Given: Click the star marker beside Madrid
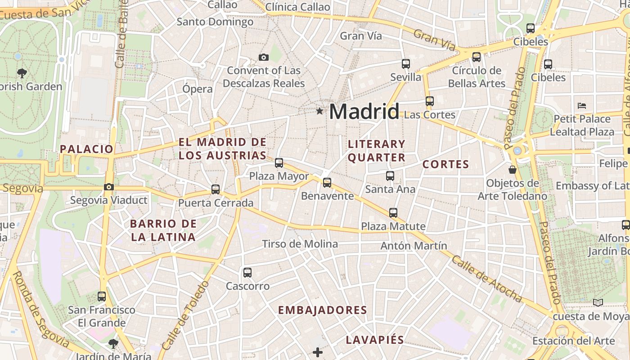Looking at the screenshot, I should point(319,111).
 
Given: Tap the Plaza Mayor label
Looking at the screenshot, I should point(279,176).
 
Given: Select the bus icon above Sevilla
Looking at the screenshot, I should point(406,64).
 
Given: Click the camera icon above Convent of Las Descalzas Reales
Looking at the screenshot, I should point(264,57).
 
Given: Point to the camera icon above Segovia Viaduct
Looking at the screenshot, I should point(108,187).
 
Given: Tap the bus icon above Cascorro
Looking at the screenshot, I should point(247,272).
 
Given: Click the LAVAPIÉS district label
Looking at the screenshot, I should point(375,340).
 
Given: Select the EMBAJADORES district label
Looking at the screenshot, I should point(323,310).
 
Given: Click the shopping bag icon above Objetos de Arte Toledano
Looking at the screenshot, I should point(512,170).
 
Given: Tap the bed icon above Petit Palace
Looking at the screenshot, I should point(582,106).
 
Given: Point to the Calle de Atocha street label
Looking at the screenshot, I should point(487,279).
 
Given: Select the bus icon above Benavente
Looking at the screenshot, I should point(327,183).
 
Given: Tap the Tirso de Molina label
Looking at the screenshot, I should point(300,244).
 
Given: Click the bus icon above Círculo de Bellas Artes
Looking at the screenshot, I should point(477,57).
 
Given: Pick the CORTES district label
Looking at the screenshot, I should point(446,164).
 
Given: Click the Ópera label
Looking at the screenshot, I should point(198,89).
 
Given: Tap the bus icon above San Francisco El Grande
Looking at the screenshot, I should point(102,297).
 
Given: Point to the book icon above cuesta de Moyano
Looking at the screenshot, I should point(598,302).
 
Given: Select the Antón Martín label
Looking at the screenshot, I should point(414,246).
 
